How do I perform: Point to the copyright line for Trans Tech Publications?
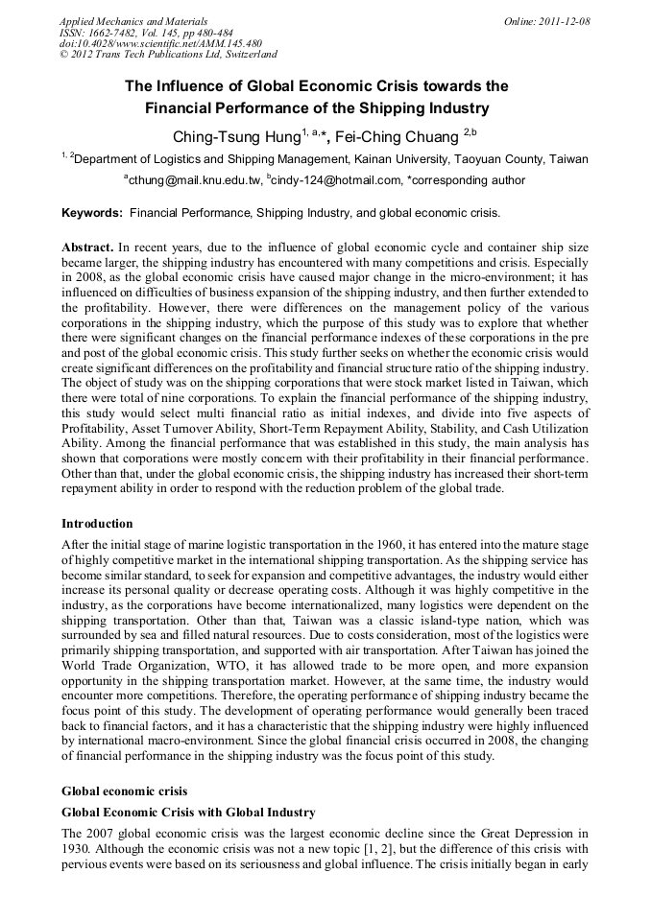click(168, 55)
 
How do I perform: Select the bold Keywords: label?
click(92, 212)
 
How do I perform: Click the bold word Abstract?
click(87, 247)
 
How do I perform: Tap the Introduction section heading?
click(97, 524)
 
